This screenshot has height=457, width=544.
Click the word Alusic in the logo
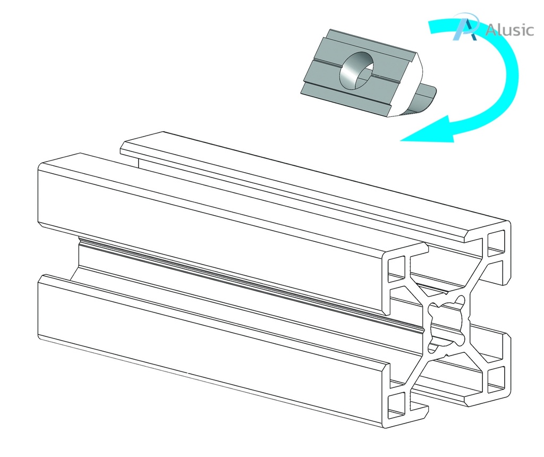[509, 30]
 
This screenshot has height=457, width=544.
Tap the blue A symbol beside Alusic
[466, 27]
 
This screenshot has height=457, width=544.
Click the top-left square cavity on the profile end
[396, 268]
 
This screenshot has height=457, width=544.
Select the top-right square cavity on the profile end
[496, 243]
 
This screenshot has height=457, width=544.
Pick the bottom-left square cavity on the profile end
[396, 405]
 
